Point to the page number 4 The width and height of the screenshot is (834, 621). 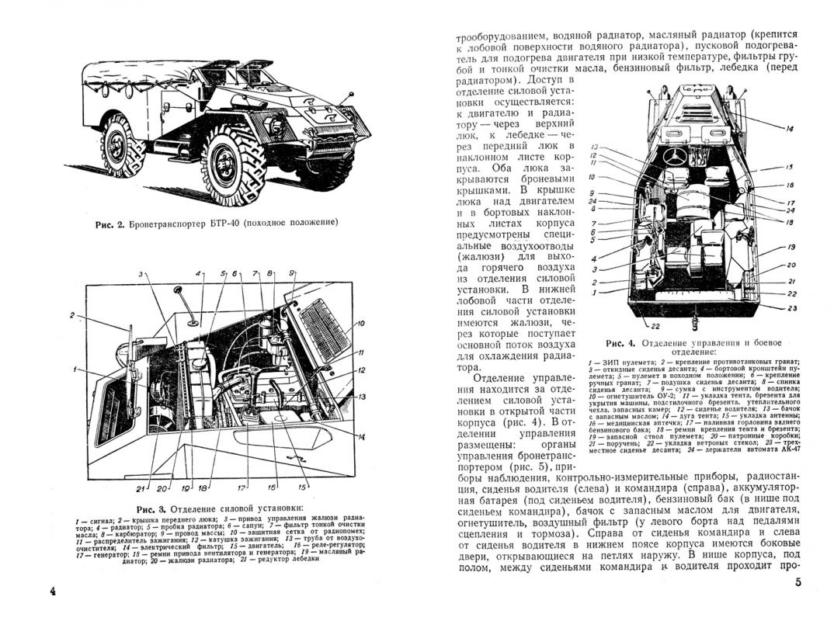coord(53,592)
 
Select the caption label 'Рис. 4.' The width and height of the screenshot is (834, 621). coord(622,342)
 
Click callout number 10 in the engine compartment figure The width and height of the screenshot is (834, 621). coord(360,323)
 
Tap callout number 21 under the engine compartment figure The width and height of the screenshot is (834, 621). coord(140,488)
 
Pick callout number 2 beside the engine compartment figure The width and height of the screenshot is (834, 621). coord(71,315)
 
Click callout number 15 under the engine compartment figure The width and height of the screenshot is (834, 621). coord(271,488)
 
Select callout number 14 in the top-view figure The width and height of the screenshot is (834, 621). coord(789,128)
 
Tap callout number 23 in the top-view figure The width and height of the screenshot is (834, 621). coord(791,308)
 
